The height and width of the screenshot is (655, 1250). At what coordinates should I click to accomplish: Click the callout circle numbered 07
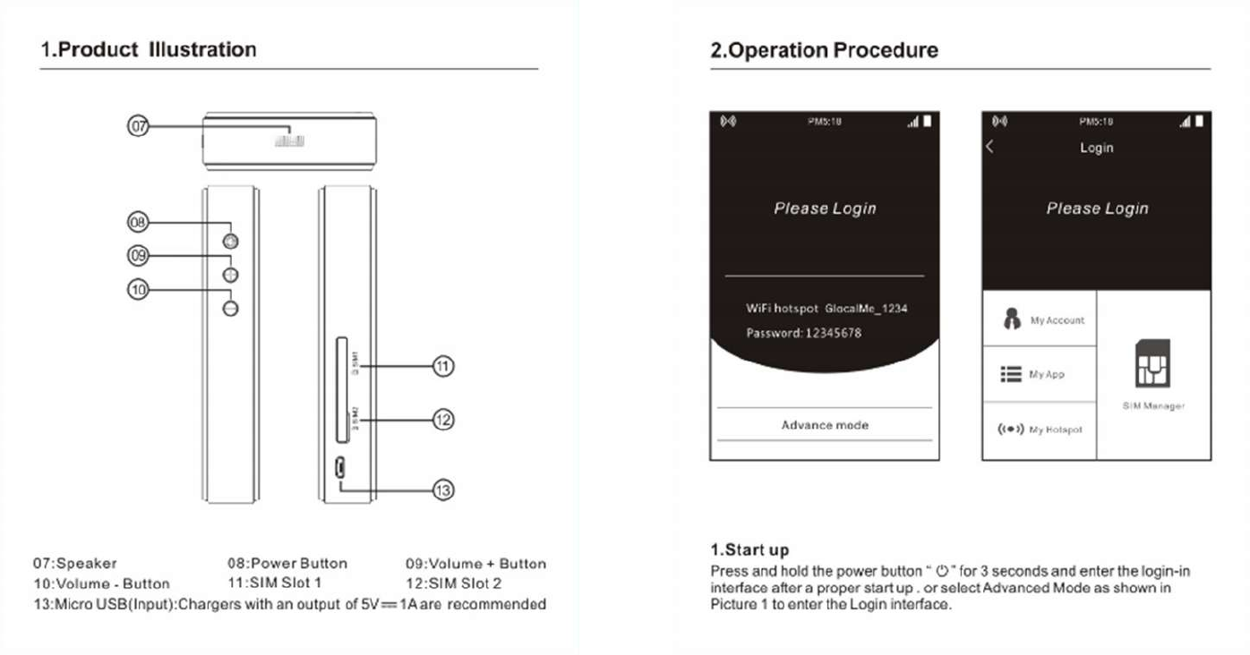(x=138, y=127)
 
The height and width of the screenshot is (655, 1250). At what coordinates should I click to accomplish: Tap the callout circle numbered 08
(x=138, y=222)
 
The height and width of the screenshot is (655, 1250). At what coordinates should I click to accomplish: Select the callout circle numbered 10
(x=138, y=290)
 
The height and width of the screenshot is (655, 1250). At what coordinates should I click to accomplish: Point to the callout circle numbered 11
(x=443, y=366)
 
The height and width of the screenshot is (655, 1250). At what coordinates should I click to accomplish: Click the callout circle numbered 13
(x=443, y=489)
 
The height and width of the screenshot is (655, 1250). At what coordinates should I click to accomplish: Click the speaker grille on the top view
(x=290, y=140)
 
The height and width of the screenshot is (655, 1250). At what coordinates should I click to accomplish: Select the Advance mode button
(x=825, y=425)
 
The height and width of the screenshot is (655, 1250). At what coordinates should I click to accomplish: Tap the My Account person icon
(x=1012, y=319)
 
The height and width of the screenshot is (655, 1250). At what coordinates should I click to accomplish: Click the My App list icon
(x=1011, y=374)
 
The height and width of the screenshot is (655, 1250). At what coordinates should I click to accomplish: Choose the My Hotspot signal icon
(x=1010, y=430)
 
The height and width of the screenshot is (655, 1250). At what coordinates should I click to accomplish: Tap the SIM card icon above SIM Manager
(x=1153, y=364)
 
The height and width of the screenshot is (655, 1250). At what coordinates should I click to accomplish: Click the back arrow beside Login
(x=990, y=148)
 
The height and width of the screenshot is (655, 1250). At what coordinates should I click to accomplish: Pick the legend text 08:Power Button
(x=287, y=564)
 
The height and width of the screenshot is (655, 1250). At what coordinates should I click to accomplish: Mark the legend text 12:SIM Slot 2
(x=453, y=583)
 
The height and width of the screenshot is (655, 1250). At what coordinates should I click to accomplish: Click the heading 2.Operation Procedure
(x=824, y=50)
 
